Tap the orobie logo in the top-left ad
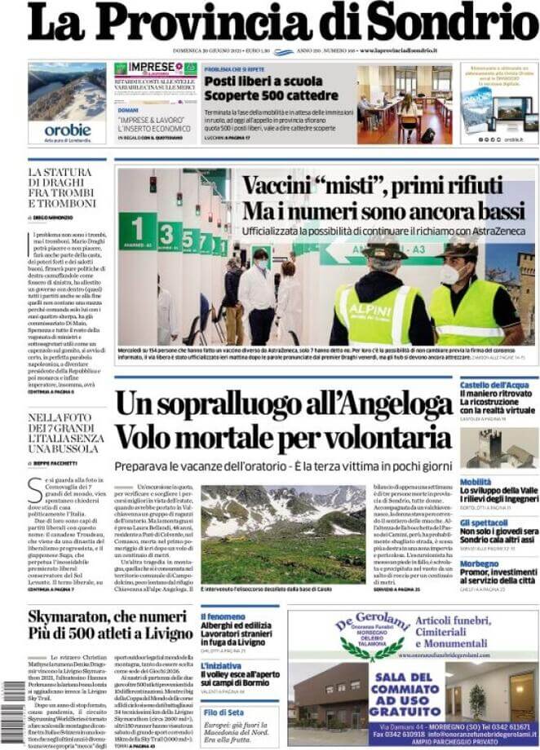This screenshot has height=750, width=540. click(67, 130)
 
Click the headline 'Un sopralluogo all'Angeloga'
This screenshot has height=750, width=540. click(282, 405)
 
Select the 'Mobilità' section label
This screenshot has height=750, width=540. click(476, 482)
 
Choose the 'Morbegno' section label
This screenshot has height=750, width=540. click(479, 563)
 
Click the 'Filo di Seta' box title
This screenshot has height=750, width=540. click(224, 711)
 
